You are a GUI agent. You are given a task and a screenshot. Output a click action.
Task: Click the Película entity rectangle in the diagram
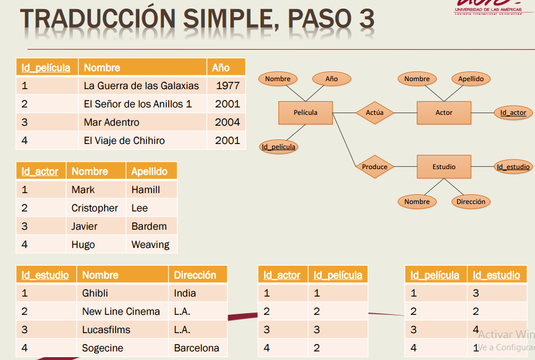(x=305, y=113)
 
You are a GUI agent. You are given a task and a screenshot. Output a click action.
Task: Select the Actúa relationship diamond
(x=374, y=113)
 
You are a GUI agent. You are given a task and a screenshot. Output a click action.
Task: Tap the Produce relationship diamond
(x=374, y=167)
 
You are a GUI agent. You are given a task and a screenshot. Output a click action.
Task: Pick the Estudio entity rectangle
(x=444, y=167)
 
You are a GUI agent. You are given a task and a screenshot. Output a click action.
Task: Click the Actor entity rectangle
(x=444, y=113)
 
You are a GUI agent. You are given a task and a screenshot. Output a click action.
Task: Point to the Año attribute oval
(x=332, y=79)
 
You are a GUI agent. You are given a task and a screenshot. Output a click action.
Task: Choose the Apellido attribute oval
(x=470, y=79)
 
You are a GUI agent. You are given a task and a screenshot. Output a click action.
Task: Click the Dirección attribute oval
(x=470, y=202)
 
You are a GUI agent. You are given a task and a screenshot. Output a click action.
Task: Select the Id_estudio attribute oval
(x=513, y=167)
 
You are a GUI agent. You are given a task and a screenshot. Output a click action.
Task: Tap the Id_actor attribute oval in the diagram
(x=513, y=113)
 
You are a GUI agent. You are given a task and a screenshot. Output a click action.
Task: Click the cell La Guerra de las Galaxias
(x=141, y=86)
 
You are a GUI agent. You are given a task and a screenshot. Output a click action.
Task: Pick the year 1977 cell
(x=227, y=86)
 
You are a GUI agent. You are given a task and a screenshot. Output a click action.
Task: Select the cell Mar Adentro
(x=111, y=122)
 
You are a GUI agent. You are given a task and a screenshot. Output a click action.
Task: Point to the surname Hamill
(x=146, y=190)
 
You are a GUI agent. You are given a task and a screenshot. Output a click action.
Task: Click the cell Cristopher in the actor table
(x=95, y=208)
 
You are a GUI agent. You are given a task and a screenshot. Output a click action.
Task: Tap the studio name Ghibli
(x=95, y=293)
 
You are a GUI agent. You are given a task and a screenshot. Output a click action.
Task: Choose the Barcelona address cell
(x=197, y=348)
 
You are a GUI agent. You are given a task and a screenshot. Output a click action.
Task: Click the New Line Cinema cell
(x=121, y=311)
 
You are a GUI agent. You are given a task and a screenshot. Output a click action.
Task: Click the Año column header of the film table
(x=221, y=67)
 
